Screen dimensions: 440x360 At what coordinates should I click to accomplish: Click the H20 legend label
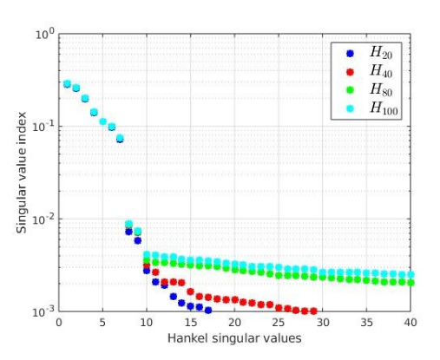[x=381, y=53]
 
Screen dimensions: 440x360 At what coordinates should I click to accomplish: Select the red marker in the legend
[x=350, y=72]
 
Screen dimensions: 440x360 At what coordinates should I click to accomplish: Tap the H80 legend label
[x=381, y=89]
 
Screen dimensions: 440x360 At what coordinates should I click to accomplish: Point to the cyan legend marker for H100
[x=350, y=108]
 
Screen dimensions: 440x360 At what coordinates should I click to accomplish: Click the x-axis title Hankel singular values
[x=234, y=338]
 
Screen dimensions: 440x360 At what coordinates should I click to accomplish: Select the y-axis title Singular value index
[x=22, y=173]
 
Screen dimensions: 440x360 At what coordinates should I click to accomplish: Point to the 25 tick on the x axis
[x=279, y=322]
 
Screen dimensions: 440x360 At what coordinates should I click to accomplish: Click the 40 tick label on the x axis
[x=410, y=322]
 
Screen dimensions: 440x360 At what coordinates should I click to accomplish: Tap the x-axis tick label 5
[x=102, y=322]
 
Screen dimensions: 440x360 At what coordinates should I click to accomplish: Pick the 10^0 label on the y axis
[x=44, y=34]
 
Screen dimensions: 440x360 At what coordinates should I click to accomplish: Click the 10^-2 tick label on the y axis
[x=43, y=219]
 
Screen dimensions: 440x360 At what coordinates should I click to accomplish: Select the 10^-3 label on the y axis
[x=43, y=312]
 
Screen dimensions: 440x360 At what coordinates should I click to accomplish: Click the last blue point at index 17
[x=208, y=311]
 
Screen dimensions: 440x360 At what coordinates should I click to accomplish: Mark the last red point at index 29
[x=313, y=311]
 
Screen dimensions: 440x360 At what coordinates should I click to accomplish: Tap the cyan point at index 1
[x=67, y=84]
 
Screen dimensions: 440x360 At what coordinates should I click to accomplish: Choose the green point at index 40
[x=410, y=283]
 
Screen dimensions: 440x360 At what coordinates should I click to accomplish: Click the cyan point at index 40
[x=410, y=274]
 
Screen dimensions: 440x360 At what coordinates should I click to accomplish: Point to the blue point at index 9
[x=138, y=240]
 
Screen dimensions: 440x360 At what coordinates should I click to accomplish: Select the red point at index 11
[x=155, y=272]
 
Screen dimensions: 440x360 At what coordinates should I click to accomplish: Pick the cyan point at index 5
[x=102, y=121]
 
